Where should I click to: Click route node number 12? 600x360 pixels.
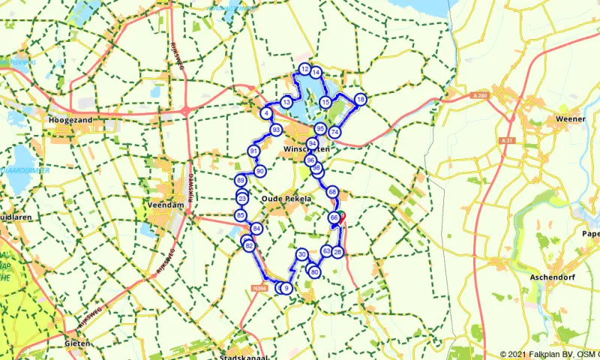pyautogui.click(x=304, y=69)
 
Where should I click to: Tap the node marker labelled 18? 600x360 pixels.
pyautogui.click(x=361, y=100)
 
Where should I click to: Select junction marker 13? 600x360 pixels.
pyautogui.click(x=286, y=102)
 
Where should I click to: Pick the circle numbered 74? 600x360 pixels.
pyautogui.click(x=335, y=132)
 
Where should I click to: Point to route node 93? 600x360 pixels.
pyautogui.click(x=276, y=130)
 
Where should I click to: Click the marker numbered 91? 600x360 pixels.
pyautogui.click(x=254, y=151)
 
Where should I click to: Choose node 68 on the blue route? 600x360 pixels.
pyautogui.click(x=332, y=192)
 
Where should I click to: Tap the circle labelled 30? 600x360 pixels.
pyautogui.click(x=301, y=255)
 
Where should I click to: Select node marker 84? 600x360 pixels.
pyautogui.click(x=256, y=229)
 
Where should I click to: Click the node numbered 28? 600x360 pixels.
pyautogui.click(x=337, y=252)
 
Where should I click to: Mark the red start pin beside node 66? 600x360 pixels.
pyautogui.click(x=342, y=216)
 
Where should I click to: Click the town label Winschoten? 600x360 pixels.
pyautogui.click(x=307, y=150)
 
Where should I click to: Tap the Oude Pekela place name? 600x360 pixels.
pyautogui.click(x=281, y=198)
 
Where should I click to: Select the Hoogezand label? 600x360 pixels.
pyautogui.click(x=70, y=120)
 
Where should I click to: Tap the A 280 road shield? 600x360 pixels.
pyautogui.click(x=481, y=95)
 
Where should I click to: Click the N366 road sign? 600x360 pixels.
pyautogui.click(x=260, y=286)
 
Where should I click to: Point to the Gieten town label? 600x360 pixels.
pyautogui.click(x=77, y=343)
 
